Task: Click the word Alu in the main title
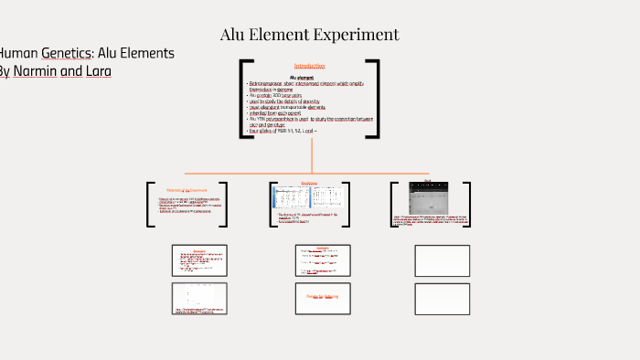tap(236, 35)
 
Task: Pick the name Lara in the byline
tap(98, 71)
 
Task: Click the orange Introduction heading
tap(310, 66)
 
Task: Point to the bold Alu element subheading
tap(308, 78)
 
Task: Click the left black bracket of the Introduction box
tap(244, 99)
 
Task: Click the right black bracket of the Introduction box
tap(374, 99)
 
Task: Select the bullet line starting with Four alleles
tap(283, 131)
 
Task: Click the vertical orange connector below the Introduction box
tap(312, 155)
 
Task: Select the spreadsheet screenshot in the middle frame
tap(309, 197)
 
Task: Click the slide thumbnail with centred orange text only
tap(323, 297)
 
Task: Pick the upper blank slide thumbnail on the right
tap(443, 260)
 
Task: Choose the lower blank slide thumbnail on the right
tap(443, 298)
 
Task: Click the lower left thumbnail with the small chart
tap(199, 298)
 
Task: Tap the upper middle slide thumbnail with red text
tap(323, 260)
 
